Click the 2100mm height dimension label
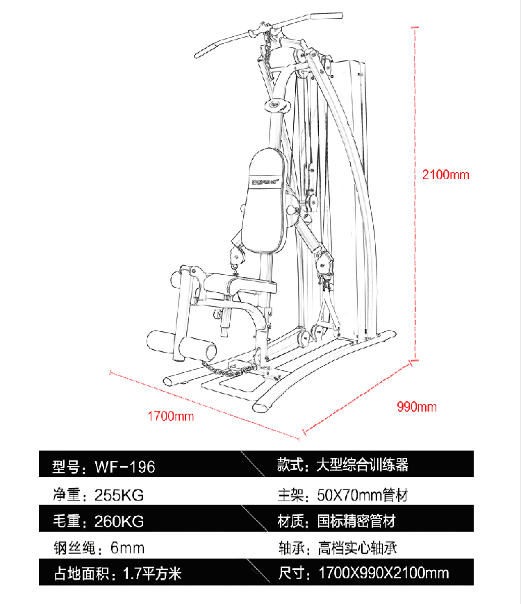tap(445, 175)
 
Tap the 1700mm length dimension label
tap(171, 416)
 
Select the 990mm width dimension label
tap(417, 407)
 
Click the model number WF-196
tap(125, 467)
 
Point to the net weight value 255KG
tap(119, 495)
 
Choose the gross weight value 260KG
tap(119, 521)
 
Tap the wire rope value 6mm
tap(127, 548)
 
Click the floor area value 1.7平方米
tap(152, 574)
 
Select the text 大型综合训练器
tap(362, 465)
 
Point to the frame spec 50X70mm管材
tap(362, 495)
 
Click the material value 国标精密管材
tap(356, 521)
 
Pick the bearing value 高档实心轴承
tap(357, 548)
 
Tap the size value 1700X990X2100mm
tap(384, 573)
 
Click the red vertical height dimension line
tap(415, 194)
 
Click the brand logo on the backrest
tap(266, 182)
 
